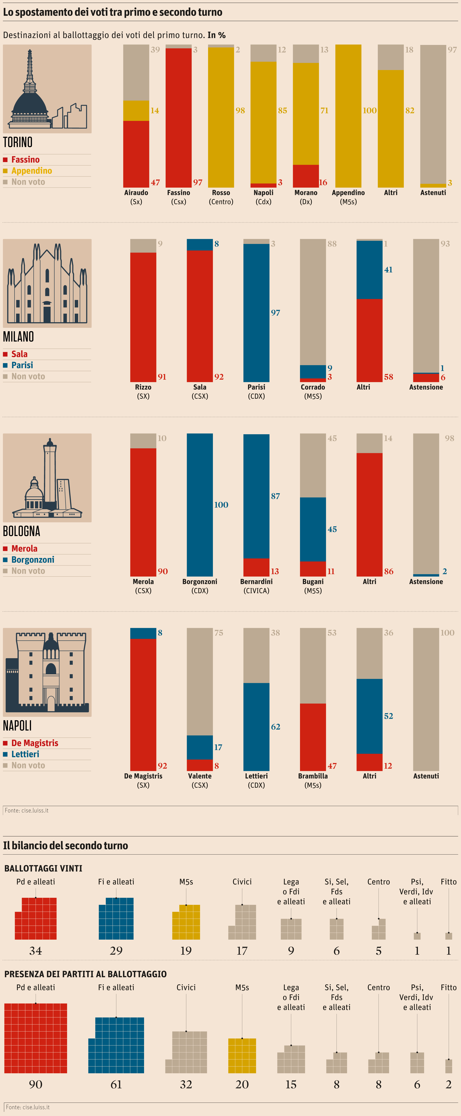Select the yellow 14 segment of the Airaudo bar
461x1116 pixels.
point(136,111)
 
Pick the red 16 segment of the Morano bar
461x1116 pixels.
point(306,176)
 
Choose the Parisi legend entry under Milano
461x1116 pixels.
point(22,365)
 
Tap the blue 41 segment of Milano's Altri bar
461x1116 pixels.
point(369,270)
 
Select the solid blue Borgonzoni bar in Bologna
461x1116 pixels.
point(199,505)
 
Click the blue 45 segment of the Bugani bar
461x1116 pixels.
point(313,529)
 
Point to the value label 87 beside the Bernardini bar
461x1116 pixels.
point(275,496)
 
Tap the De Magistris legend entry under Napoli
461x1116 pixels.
point(35,743)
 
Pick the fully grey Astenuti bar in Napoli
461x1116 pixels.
point(426,699)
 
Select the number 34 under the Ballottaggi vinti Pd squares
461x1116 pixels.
point(35,951)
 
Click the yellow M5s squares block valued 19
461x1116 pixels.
point(186,922)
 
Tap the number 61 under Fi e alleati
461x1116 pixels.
point(116,1084)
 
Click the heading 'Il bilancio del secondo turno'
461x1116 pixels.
point(65,846)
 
